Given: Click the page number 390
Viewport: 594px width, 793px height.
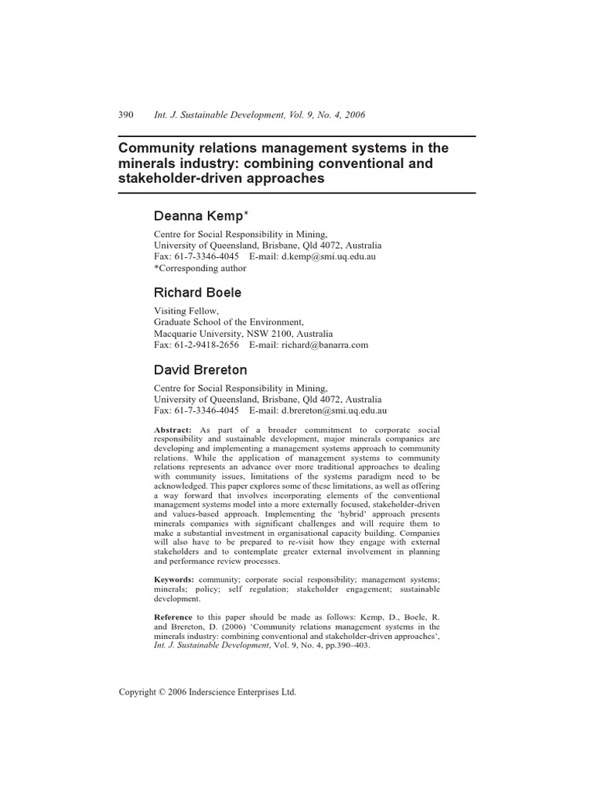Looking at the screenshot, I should (x=126, y=115).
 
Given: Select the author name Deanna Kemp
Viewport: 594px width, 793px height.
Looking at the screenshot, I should (x=200, y=217).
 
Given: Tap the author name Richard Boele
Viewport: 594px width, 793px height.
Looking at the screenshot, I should (x=198, y=293).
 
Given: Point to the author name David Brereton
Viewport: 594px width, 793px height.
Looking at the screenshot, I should (x=201, y=370).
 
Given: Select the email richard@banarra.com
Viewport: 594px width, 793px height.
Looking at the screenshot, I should (x=319, y=345).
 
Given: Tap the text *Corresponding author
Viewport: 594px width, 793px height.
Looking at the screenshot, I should (x=200, y=269).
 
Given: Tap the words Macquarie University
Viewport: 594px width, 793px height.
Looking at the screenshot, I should (x=194, y=333).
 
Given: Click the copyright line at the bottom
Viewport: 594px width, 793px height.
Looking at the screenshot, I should (x=207, y=693).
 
